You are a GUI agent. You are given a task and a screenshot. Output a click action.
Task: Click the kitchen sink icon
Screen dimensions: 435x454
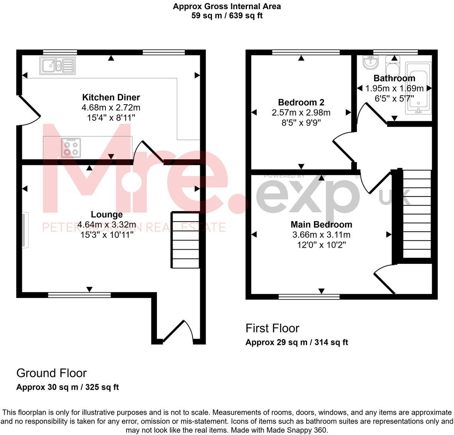[57, 65]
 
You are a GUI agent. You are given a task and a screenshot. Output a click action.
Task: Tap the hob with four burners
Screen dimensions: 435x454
[71, 148]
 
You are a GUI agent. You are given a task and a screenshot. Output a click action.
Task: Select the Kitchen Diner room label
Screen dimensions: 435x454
[111, 97]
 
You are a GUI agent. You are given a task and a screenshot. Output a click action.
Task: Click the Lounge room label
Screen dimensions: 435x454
[107, 214]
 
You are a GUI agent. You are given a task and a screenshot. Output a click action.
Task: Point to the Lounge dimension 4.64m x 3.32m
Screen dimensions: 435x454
[107, 224]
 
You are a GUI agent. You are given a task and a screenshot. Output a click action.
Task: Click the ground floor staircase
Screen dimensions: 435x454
[185, 240]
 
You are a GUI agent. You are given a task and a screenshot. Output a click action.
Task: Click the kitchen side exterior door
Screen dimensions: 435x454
[29, 111]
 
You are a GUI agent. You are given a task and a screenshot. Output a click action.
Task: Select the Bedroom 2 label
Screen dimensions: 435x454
[301, 102]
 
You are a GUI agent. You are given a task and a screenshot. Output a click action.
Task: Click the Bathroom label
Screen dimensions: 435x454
[394, 78]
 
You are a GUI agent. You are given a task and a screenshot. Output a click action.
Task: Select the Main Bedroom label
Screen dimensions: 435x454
[321, 224]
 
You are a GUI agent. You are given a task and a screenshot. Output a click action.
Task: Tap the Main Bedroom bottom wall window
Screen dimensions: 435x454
[309, 296]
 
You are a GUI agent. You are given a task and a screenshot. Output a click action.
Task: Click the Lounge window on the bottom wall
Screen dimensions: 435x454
[79, 295]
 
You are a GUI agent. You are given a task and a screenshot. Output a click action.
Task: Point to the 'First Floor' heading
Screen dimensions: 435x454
[272, 328]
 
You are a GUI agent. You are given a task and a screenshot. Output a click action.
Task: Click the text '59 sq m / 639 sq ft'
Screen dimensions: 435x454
[227, 16]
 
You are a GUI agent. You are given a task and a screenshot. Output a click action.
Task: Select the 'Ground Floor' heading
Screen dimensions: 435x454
[51, 373]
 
